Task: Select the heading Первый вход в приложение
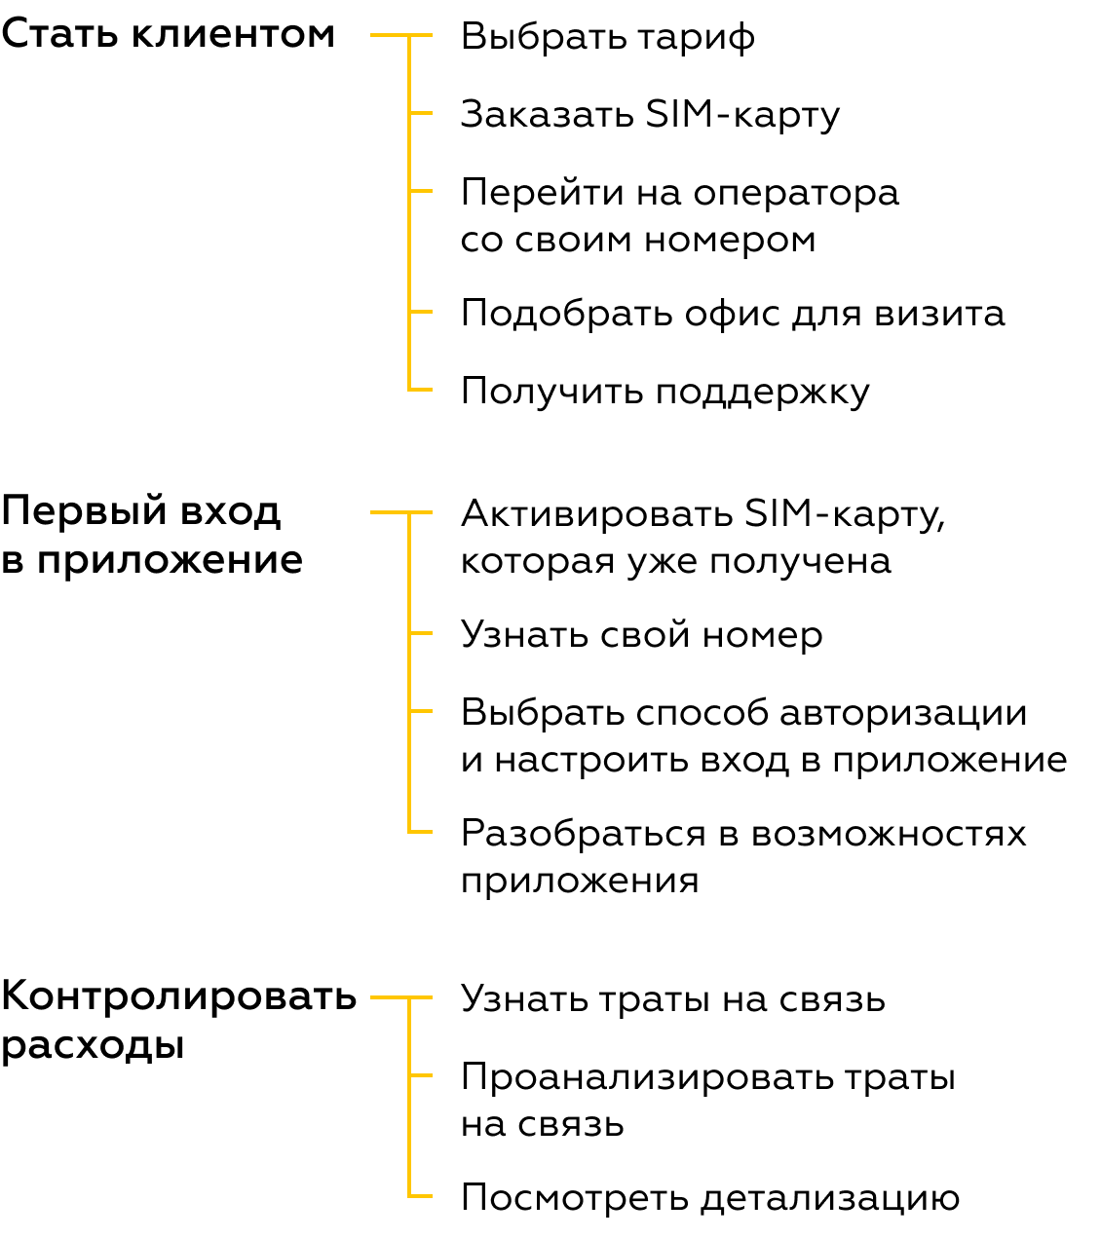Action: coord(152,535)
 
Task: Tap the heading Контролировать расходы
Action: coord(178,1021)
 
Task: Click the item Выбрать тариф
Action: coord(607,38)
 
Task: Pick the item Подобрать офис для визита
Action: coord(733,315)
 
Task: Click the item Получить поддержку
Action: coord(664,392)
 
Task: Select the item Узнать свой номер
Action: coord(642,635)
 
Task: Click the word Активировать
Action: coord(597,513)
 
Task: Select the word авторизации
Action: coord(903,714)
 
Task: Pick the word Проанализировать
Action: coord(647,1079)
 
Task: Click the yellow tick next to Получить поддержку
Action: coord(420,390)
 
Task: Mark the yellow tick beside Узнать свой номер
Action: coord(420,633)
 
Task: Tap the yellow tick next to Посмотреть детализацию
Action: coord(420,1196)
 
